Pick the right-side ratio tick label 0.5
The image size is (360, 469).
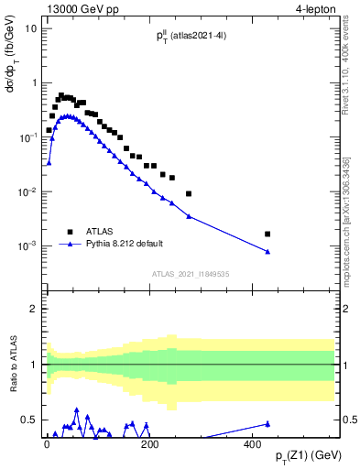[349, 420]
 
